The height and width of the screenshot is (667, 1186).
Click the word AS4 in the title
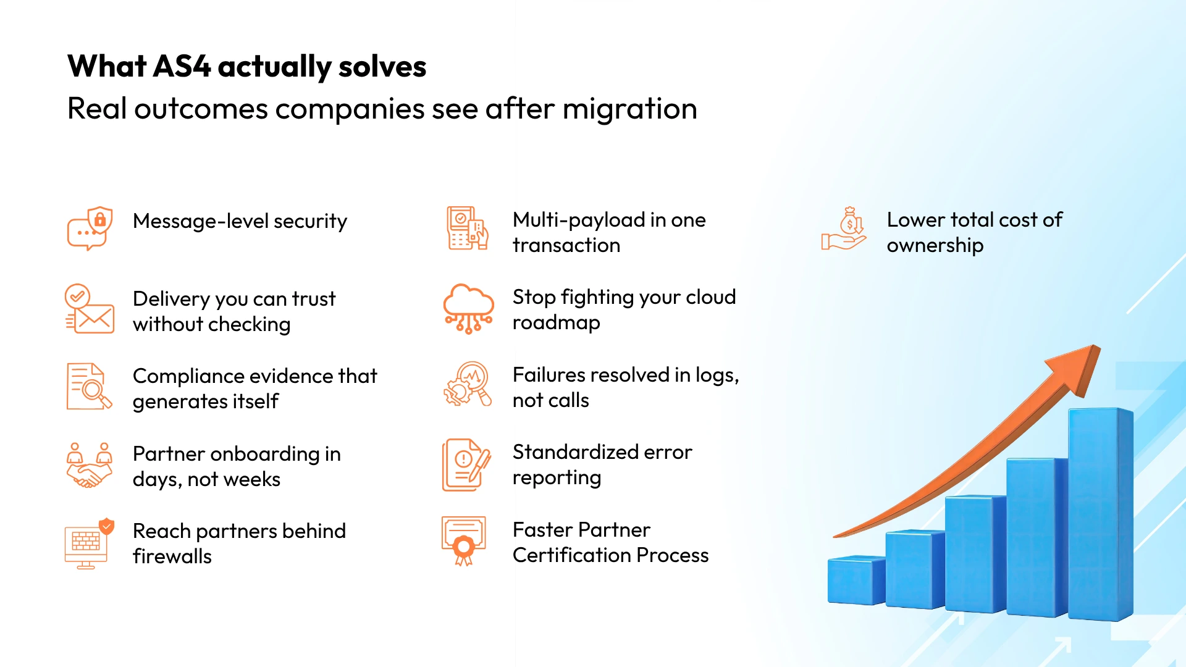(182, 67)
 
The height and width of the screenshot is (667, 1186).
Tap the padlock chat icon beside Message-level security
(90, 229)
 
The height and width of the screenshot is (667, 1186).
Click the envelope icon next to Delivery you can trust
(90, 309)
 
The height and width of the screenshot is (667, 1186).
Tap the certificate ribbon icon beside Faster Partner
(464, 540)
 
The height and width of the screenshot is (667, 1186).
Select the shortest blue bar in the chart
(856, 581)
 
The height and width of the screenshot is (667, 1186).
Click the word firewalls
(172, 556)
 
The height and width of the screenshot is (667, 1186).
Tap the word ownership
(935, 246)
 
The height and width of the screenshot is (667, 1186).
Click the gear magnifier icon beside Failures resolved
(468, 384)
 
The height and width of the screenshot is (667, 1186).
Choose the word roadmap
(556, 323)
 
